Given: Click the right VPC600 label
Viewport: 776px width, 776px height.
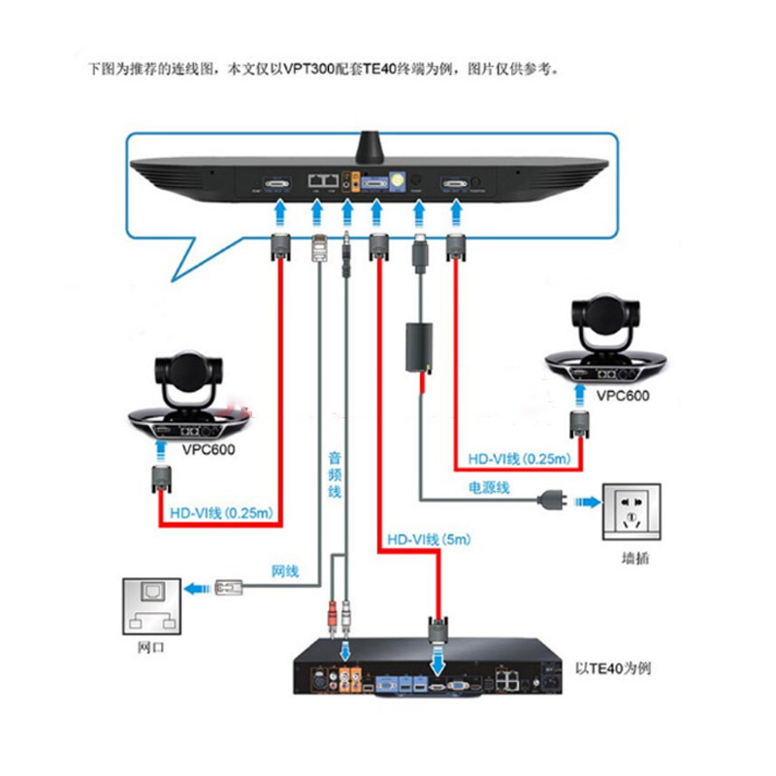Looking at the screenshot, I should [x=623, y=396].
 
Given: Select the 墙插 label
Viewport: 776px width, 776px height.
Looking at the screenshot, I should [x=633, y=560].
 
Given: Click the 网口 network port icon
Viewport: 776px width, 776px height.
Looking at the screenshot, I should [x=151, y=609].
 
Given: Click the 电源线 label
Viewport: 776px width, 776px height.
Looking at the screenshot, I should [x=489, y=486].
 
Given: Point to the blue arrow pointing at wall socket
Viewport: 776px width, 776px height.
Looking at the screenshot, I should [x=586, y=502].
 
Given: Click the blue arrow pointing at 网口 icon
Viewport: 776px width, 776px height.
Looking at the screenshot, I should [x=198, y=587].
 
